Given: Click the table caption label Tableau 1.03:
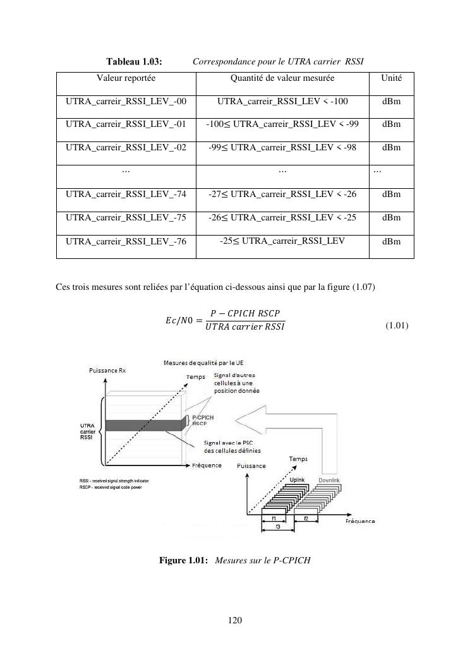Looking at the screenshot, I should [x=134, y=62].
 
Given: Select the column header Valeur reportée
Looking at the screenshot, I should [x=126, y=78].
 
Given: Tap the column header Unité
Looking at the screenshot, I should [x=391, y=78].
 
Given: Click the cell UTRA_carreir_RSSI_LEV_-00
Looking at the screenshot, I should [x=126, y=101].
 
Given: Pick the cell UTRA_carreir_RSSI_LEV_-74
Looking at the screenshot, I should [x=126, y=194].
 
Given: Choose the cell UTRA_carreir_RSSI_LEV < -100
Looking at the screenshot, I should [x=282, y=101].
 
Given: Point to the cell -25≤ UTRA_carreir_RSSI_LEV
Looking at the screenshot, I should [x=282, y=241].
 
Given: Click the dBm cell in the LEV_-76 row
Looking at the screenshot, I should [x=391, y=241].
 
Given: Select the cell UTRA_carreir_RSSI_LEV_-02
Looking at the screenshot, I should [x=126, y=147].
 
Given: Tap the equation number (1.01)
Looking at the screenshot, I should [x=397, y=326].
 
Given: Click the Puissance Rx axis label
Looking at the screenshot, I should [x=107, y=371].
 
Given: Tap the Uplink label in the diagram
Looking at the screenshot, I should [x=298, y=481].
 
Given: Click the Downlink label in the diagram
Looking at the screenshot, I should [x=329, y=481].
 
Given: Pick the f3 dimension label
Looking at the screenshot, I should [x=277, y=526].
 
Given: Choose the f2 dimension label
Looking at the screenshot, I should [x=306, y=518].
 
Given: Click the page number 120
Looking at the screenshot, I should [x=235, y=621].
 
